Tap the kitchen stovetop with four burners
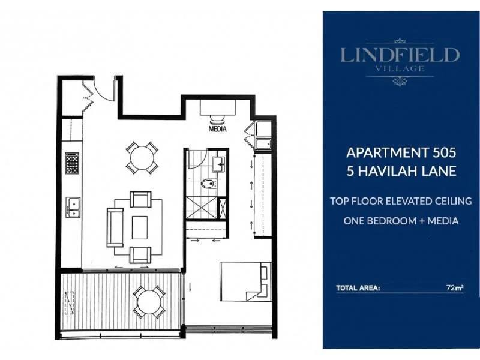point(72,163)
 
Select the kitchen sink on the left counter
point(73,206)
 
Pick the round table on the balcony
point(148,302)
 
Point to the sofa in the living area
point(114,227)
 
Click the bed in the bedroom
point(243,280)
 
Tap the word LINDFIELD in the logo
point(400,56)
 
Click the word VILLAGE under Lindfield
point(400,69)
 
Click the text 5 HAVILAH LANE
point(400,172)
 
